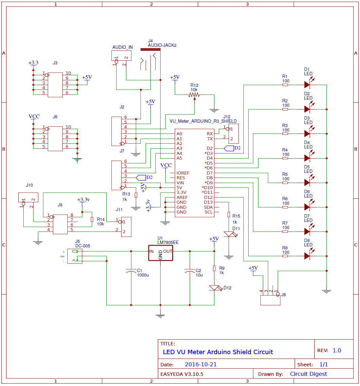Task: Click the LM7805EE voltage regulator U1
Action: [161, 253]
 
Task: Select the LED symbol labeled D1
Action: [307, 85]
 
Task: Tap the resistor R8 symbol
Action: [285, 256]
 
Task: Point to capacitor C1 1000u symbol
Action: [131, 271]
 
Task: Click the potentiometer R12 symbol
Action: [194, 95]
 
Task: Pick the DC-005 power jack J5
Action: [75, 256]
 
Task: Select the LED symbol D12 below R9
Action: [214, 288]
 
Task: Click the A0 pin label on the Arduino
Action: [179, 134]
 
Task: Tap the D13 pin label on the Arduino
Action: [208, 202]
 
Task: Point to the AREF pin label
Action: [182, 197]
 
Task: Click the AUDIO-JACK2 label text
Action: [162, 45]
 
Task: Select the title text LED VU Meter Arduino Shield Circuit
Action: [218, 352]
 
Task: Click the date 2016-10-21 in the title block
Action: [200, 365]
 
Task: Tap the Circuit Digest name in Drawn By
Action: [308, 374]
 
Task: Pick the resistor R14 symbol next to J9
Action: [92, 219]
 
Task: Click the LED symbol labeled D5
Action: [307, 182]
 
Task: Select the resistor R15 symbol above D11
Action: [229, 215]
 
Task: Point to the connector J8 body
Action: [270, 300]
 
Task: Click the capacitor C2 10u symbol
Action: [189, 271]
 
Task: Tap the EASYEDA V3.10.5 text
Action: [182, 374]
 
